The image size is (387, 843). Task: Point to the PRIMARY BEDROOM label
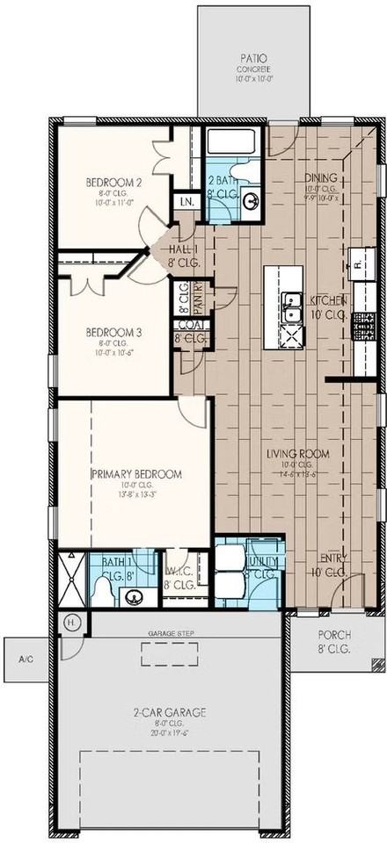point(135,473)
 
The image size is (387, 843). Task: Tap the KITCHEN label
point(326,300)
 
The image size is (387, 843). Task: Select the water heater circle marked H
point(72,621)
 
